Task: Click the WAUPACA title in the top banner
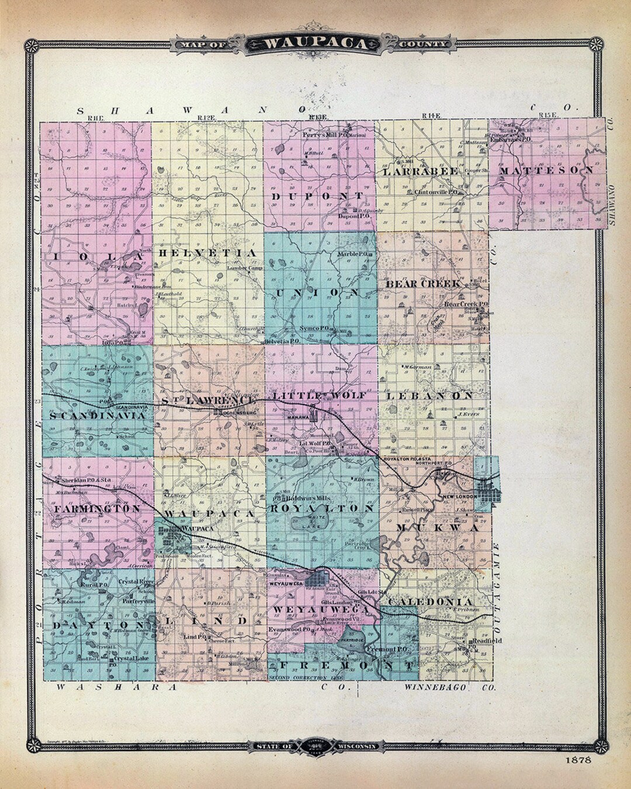coord(315,44)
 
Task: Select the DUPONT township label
coord(318,196)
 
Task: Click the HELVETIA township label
coord(207,252)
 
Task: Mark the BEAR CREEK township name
coord(424,284)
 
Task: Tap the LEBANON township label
coord(429,396)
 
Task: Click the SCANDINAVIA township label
coord(96,416)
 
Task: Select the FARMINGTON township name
coord(97,509)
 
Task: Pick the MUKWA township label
coord(437,528)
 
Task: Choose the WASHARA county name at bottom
coord(117,688)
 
